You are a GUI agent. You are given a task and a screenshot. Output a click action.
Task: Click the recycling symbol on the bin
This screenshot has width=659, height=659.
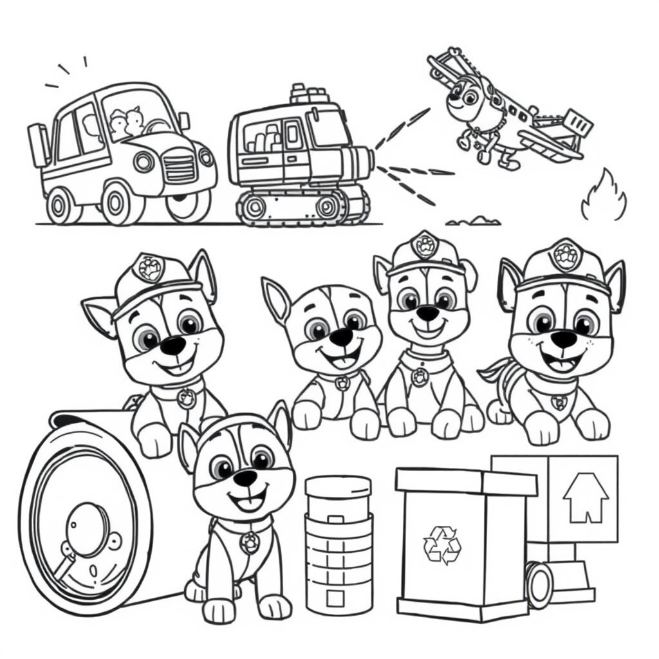tap(442, 544)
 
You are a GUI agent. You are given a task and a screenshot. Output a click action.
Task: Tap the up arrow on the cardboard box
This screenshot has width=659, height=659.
tap(586, 497)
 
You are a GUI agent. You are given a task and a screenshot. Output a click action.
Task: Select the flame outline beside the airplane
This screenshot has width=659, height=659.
tap(603, 196)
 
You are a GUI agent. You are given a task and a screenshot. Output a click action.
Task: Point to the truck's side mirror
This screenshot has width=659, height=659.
tap(185, 120)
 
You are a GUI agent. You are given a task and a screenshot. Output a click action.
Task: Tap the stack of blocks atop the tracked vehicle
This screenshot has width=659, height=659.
tap(308, 95)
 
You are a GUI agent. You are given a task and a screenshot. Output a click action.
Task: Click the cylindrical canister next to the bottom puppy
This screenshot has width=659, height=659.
tap(339, 544)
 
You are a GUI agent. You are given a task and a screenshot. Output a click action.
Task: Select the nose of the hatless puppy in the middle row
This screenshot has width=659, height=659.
tap(340, 337)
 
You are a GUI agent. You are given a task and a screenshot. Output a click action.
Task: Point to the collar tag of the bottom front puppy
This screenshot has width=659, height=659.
tap(249, 542)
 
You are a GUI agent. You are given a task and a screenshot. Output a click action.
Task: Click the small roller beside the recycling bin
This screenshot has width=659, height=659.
tap(539, 584)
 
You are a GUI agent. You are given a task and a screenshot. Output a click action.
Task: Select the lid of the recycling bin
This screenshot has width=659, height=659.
tap(465, 481)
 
